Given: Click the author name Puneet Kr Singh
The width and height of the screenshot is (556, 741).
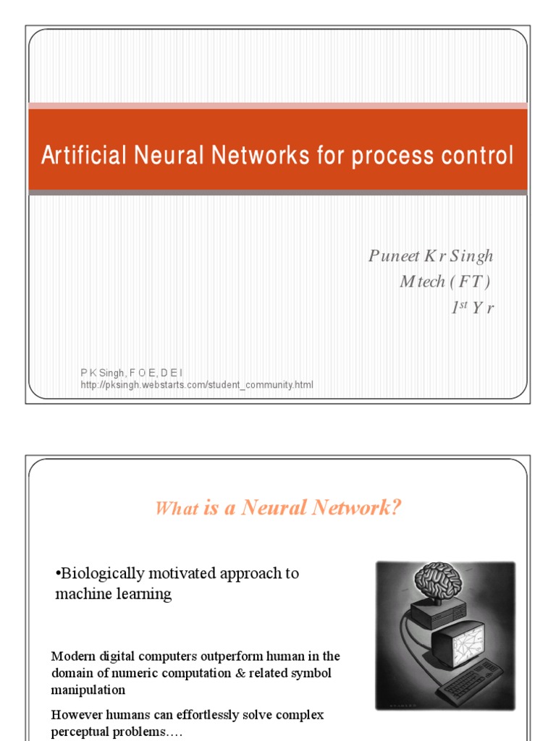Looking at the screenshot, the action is [430, 256].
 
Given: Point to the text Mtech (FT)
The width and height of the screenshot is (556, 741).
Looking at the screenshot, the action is [445, 281].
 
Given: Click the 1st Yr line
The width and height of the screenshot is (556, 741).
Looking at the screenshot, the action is [471, 307].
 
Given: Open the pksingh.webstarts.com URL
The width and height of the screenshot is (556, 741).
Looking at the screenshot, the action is [197, 385].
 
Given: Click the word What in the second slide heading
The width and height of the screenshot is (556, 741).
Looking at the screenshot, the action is [177, 509].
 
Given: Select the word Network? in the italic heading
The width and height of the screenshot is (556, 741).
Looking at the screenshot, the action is [357, 508].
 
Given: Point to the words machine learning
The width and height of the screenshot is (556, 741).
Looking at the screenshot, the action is [114, 594].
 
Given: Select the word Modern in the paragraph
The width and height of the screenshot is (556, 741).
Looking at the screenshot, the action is [75, 656].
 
